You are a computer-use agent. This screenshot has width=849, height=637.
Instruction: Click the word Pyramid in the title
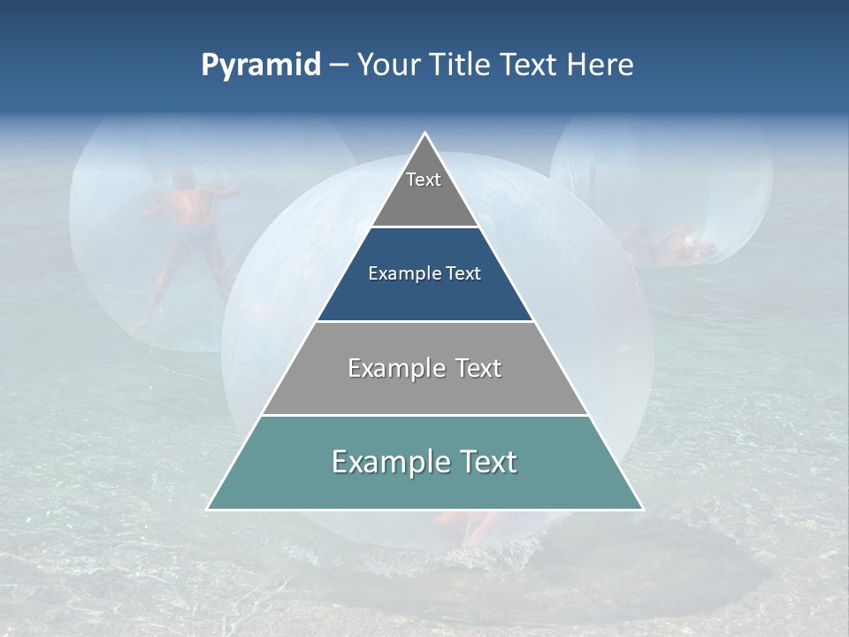pyautogui.click(x=260, y=65)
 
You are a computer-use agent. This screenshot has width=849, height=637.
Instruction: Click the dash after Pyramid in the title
pyautogui.click(x=339, y=66)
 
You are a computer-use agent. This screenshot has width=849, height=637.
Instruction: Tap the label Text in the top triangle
pyautogui.click(x=424, y=180)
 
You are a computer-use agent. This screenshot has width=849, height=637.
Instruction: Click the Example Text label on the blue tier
pyautogui.click(x=424, y=273)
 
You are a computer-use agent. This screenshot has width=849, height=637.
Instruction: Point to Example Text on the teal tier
pyautogui.click(x=424, y=462)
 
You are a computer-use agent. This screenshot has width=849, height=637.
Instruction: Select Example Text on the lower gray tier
pyautogui.click(x=424, y=368)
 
